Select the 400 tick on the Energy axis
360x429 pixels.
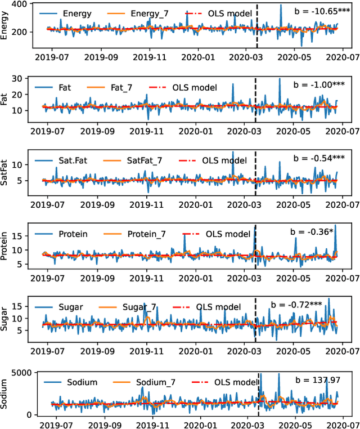(21, 5)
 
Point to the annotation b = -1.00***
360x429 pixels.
(318, 84)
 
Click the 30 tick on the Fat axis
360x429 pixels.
(24, 78)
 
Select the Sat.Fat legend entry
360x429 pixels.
(74, 160)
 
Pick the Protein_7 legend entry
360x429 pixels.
(141, 234)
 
